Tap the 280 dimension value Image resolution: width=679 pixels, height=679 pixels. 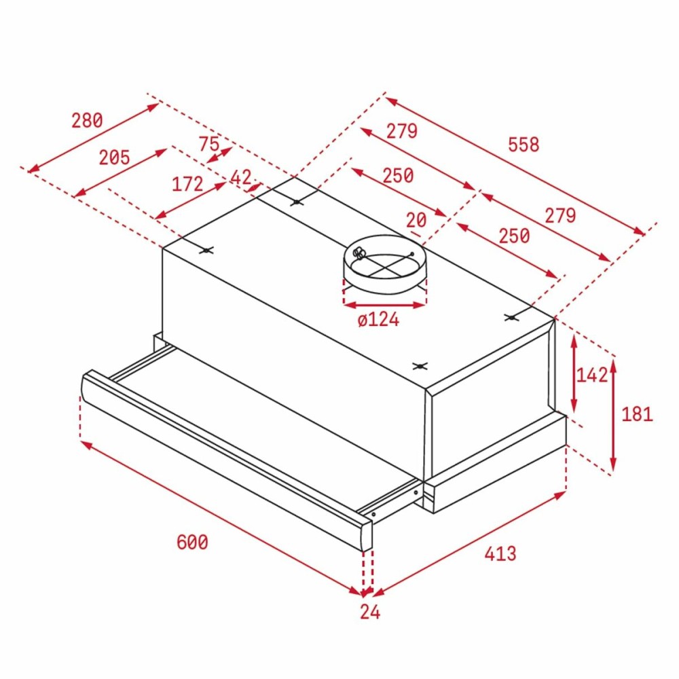pyautogui.click(x=87, y=120)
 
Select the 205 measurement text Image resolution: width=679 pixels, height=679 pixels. pyautogui.click(x=114, y=158)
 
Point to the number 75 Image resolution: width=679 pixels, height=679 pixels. pyautogui.click(x=209, y=143)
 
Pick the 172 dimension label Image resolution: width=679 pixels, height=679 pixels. pyautogui.click(x=187, y=183)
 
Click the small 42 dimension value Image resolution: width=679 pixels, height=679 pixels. pyautogui.click(x=241, y=177)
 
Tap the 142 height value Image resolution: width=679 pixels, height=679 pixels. pyautogui.click(x=592, y=375)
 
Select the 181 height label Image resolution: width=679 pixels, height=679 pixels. pyautogui.click(x=637, y=414)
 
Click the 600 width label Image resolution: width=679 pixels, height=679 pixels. pyautogui.click(x=192, y=543)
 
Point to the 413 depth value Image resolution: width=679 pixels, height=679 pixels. pyautogui.click(x=500, y=553)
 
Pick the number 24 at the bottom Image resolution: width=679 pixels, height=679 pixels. pyautogui.click(x=370, y=612)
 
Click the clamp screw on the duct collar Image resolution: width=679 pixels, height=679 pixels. pyautogui.click(x=359, y=254)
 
